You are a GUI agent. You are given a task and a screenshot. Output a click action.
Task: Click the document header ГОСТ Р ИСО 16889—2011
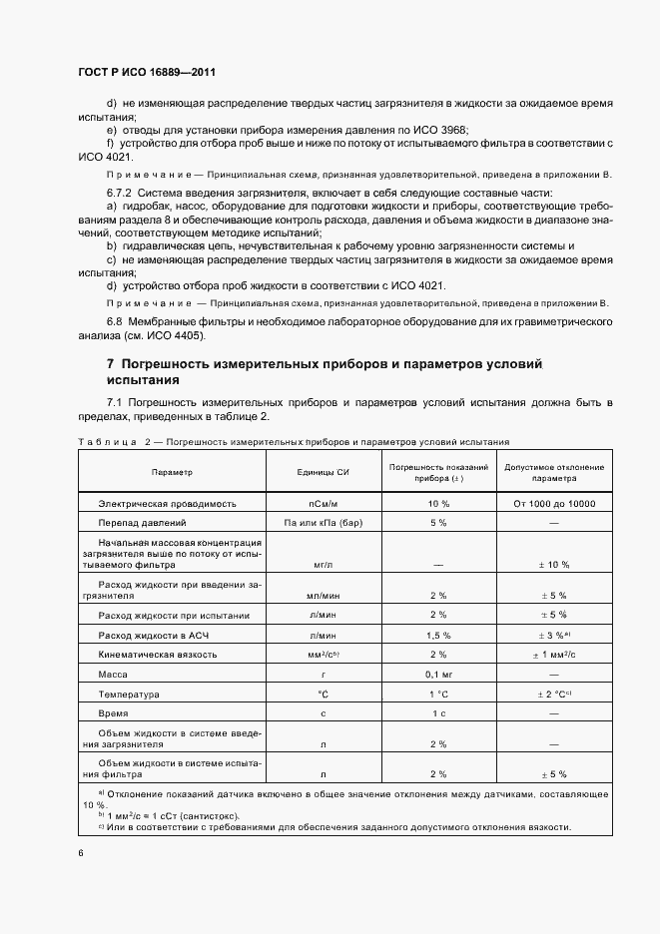point(148,73)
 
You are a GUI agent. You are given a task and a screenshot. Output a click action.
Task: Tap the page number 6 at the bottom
point(80,853)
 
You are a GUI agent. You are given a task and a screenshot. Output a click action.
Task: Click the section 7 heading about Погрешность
point(324,371)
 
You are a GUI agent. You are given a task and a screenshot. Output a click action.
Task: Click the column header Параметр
point(172,471)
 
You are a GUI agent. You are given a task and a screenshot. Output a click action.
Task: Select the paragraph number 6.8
point(115,322)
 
